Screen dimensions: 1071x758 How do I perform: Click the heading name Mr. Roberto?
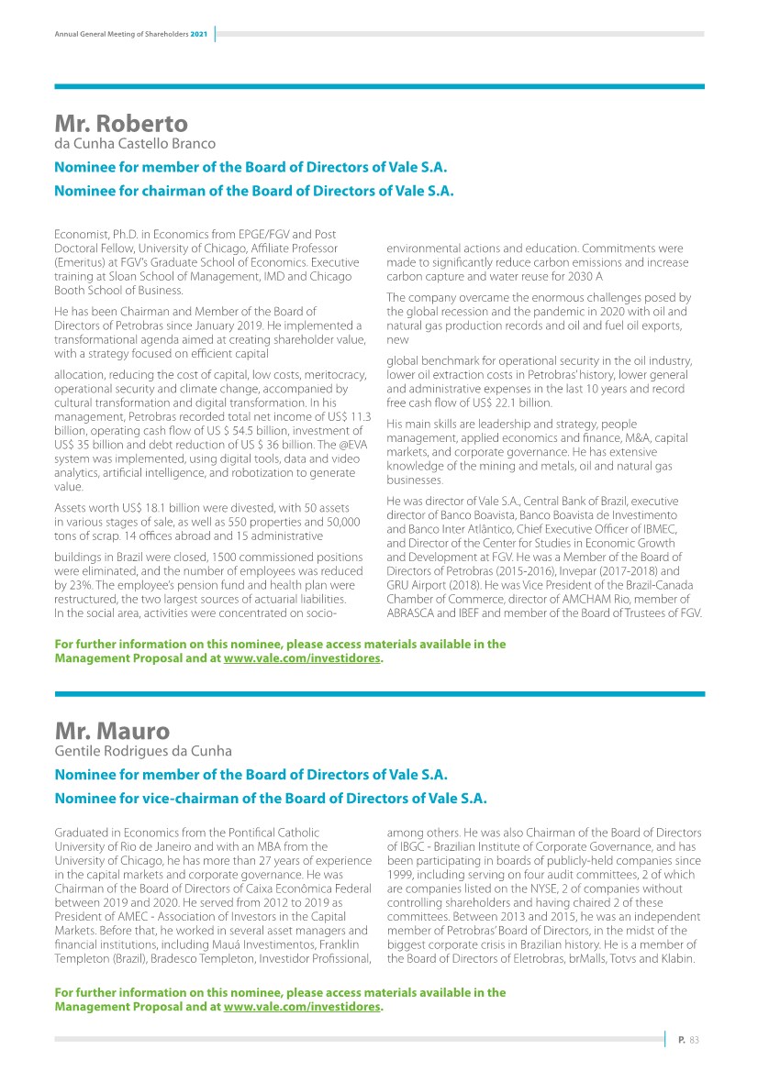pyautogui.click(x=121, y=124)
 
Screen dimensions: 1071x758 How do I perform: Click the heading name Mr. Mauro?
pyautogui.click(x=112, y=731)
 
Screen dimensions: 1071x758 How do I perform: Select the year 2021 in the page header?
pyautogui.click(x=198, y=35)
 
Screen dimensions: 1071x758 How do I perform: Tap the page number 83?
pyautogui.click(x=695, y=1039)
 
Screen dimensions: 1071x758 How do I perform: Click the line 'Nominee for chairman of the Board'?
pyautogui.click(x=254, y=191)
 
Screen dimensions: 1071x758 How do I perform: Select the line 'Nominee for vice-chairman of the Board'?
pyautogui.click(x=271, y=798)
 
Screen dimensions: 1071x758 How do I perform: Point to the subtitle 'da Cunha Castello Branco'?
pyautogui.click(x=135, y=144)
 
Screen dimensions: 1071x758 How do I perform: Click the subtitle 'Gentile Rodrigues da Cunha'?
pyautogui.click(x=143, y=751)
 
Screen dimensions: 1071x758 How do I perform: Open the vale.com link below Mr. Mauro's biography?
pyautogui.click(x=302, y=1007)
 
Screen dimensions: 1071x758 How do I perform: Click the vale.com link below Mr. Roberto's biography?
pyautogui.click(x=302, y=657)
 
